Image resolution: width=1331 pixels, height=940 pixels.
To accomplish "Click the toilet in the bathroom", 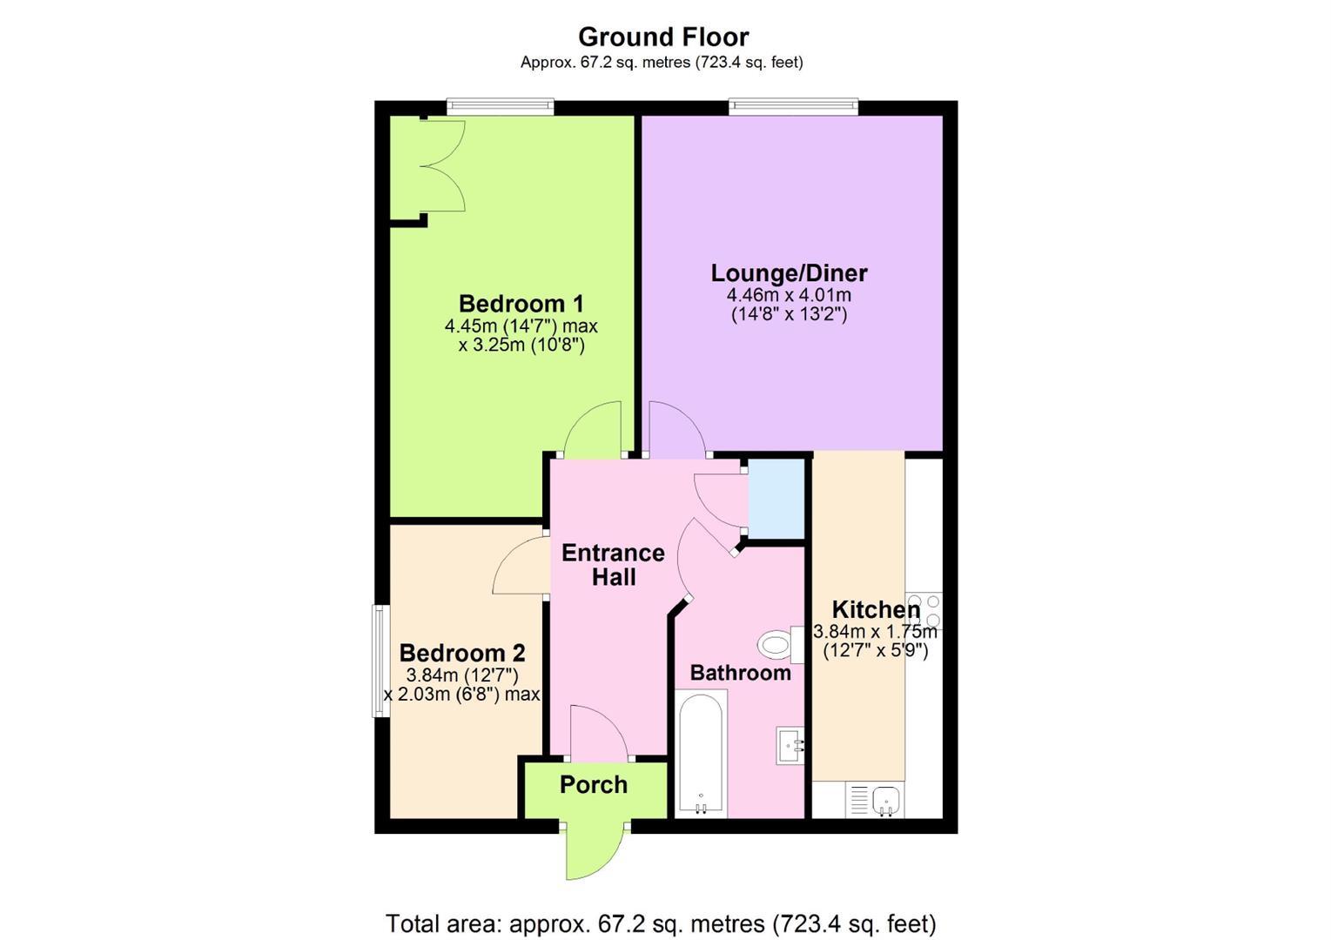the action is tap(780, 644).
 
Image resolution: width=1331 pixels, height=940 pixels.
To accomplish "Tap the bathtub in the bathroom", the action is tap(701, 754).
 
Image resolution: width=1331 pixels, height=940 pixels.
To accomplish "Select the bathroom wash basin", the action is tap(790, 744).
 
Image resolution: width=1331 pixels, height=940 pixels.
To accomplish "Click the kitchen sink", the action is tap(875, 800).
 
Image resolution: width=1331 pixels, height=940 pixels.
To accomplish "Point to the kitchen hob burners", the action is tap(924, 610).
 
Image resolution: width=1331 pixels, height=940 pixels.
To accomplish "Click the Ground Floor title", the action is tap(663, 37).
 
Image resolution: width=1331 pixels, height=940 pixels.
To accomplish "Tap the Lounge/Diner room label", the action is tap(789, 272).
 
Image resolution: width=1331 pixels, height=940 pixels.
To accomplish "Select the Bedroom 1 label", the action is tap(521, 304).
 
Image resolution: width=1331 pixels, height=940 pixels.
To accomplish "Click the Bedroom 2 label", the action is tap(462, 653).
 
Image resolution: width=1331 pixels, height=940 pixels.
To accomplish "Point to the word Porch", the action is tap(594, 785).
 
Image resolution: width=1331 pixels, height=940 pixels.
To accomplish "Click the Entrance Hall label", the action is tap(613, 565).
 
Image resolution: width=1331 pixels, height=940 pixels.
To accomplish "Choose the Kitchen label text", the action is tap(876, 609).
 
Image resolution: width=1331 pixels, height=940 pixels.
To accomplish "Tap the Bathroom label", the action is tap(741, 673).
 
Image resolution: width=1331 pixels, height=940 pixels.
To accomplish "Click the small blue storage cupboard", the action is tap(776, 499).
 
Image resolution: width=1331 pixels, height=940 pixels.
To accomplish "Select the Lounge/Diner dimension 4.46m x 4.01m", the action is tap(789, 295).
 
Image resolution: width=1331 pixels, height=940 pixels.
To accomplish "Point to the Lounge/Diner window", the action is tap(794, 106).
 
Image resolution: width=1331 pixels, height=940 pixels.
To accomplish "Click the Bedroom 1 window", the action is tap(501, 106).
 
